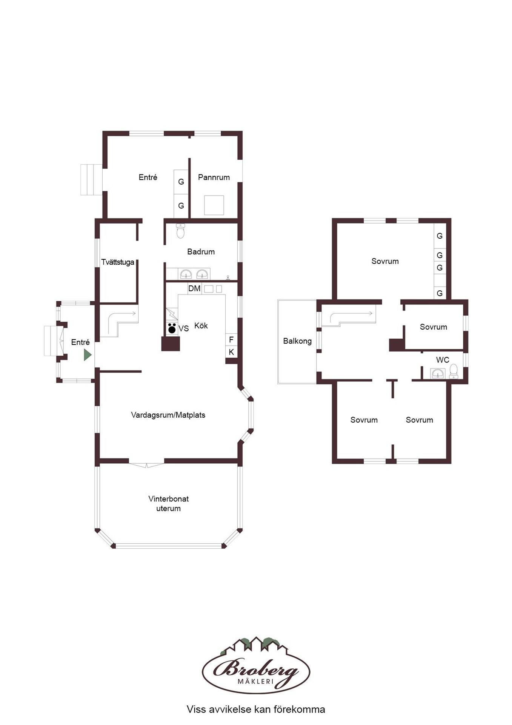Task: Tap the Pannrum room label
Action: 214,177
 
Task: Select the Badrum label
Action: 201,251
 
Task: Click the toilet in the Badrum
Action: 181,231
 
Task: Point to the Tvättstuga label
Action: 118,262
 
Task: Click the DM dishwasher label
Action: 194,288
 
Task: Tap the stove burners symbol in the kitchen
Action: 172,328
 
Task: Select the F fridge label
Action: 231,339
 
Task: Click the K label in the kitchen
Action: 231,352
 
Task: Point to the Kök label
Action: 201,325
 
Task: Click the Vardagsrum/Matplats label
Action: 168,415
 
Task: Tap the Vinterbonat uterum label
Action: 168,503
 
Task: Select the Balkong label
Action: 297,341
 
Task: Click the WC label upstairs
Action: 443,360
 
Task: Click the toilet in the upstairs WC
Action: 454,372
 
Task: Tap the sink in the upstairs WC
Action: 438,373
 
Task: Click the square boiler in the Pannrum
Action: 214,205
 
